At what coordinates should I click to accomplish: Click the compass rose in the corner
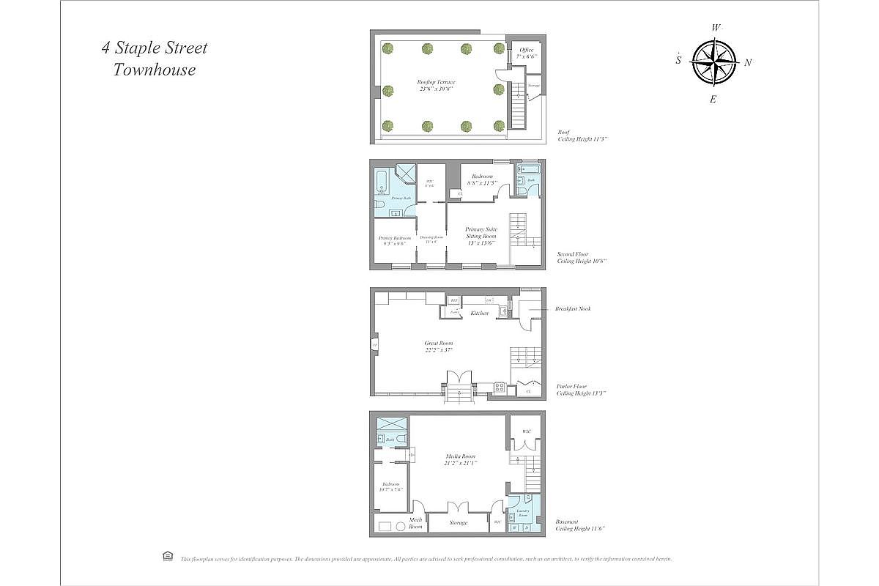tap(713, 62)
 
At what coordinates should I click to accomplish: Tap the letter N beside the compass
tap(748, 63)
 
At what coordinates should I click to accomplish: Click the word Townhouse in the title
tap(155, 70)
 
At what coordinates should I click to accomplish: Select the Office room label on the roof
tap(527, 50)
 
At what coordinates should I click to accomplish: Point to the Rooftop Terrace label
tap(436, 82)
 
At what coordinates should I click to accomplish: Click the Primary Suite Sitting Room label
tap(481, 233)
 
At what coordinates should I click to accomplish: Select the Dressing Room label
tap(431, 237)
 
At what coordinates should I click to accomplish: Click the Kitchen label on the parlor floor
tap(480, 313)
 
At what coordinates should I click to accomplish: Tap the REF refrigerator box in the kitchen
tap(453, 300)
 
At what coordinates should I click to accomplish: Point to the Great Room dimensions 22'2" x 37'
tap(439, 350)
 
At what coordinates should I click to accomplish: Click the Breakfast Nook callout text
tap(573, 308)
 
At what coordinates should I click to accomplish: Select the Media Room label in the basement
tap(460, 456)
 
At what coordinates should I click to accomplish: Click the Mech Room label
tap(415, 523)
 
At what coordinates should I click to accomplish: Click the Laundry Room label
tap(523, 512)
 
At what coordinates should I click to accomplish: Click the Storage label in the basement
tap(458, 522)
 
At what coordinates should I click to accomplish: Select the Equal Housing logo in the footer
tap(167, 557)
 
